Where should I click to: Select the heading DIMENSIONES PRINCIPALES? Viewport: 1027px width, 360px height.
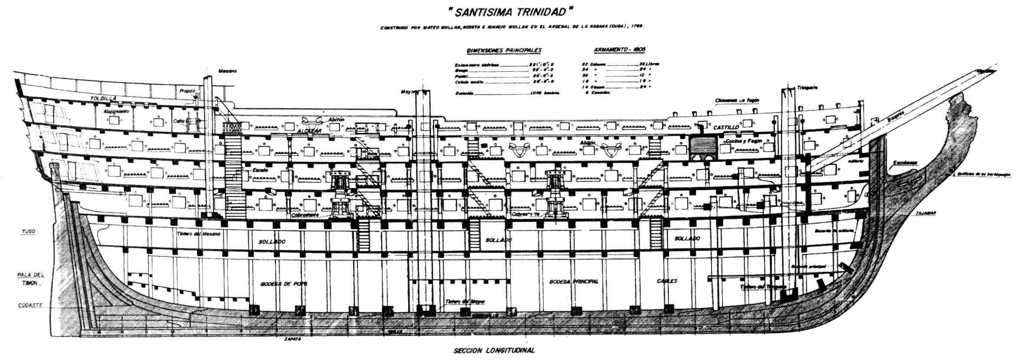click(504, 51)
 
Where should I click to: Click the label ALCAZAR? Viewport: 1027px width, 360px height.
click(308, 130)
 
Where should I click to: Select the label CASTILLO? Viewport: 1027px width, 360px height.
click(725, 127)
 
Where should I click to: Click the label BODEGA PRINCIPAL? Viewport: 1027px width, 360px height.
click(574, 281)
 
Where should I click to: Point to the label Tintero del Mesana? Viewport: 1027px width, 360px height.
click(199, 234)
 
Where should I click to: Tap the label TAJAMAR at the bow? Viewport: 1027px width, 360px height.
click(926, 213)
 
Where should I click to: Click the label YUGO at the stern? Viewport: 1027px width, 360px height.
click(28, 232)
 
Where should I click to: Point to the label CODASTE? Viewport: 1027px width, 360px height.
click(30, 305)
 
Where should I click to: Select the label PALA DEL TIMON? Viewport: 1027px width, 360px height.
click(31, 279)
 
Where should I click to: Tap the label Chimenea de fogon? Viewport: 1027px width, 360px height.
click(737, 100)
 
